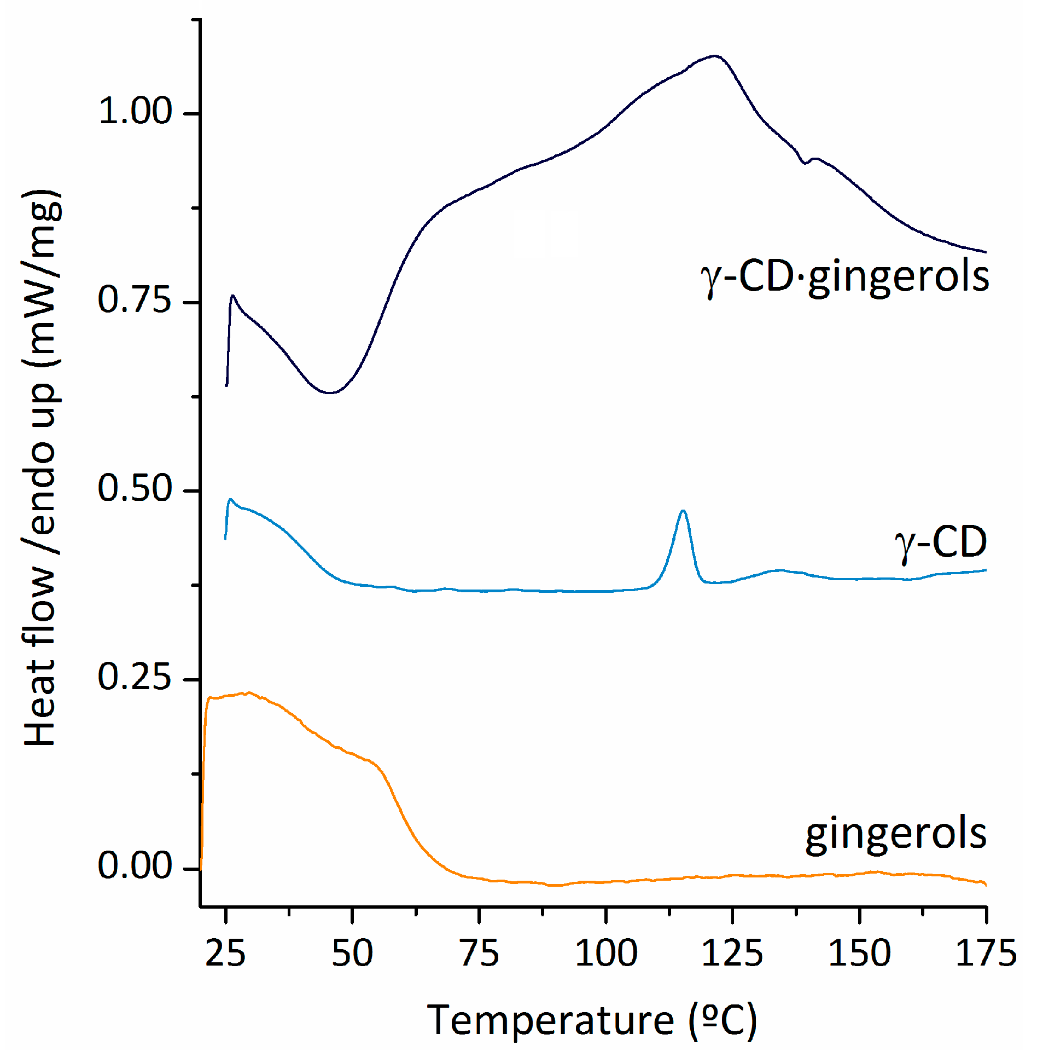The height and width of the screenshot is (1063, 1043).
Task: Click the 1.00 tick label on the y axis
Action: click(x=135, y=111)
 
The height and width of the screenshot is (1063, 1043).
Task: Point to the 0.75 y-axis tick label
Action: click(x=135, y=301)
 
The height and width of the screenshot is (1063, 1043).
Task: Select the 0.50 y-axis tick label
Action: click(x=135, y=489)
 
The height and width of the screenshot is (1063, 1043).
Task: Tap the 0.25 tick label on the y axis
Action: click(x=135, y=678)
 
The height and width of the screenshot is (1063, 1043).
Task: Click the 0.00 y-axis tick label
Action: click(x=135, y=866)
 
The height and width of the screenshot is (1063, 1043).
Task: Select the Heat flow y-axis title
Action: click(x=41, y=469)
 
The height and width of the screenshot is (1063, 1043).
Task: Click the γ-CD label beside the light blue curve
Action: click(x=941, y=543)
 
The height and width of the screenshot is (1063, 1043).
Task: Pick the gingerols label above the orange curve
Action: click(x=896, y=834)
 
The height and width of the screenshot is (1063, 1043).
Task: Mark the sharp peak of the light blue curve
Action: click(x=683, y=511)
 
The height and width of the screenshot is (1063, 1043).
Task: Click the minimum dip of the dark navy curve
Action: click(x=329, y=392)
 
